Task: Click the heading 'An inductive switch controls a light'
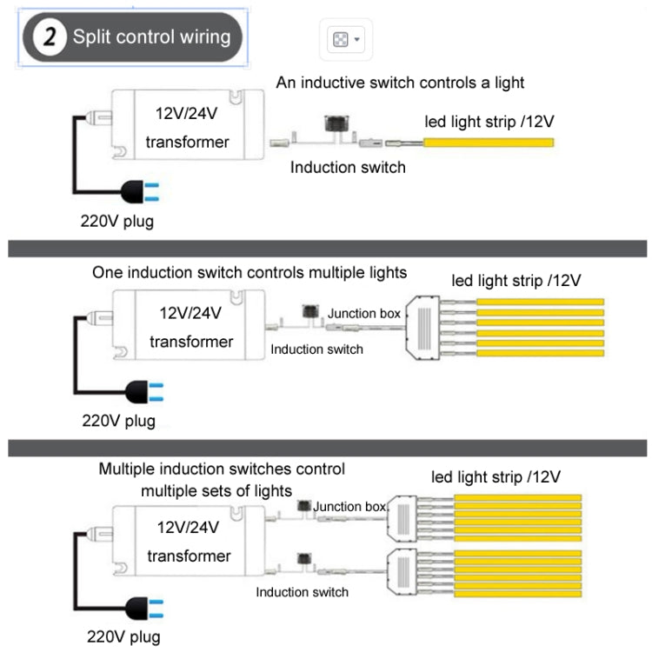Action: tap(401, 83)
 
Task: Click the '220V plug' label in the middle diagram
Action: tap(119, 421)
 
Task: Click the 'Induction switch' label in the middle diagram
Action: tap(316, 349)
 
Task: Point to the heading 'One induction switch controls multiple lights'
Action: tap(249, 272)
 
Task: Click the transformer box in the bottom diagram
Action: tap(187, 542)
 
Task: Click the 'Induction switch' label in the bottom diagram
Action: tap(302, 592)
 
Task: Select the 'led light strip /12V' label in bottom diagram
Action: tap(496, 477)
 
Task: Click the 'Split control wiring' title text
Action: tap(151, 37)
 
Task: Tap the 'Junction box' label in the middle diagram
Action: tap(364, 313)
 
